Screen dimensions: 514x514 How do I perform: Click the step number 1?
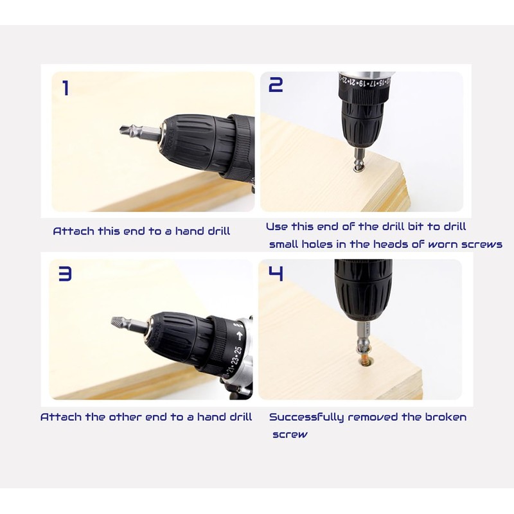pyautogui.click(x=66, y=88)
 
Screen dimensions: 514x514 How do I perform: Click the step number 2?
pyautogui.click(x=276, y=85)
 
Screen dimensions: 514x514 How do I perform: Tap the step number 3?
pyautogui.click(x=65, y=274)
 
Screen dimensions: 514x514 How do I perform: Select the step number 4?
pyautogui.click(x=276, y=274)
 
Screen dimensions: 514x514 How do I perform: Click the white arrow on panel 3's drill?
pyautogui.click(x=239, y=335)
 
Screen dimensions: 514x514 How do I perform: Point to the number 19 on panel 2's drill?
pyautogui.click(x=362, y=83)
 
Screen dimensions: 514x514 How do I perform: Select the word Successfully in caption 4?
pyautogui.click(x=306, y=418)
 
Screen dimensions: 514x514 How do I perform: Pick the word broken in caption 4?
pyautogui.click(x=445, y=417)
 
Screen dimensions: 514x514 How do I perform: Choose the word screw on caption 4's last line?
pyautogui.click(x=290, y=435)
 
